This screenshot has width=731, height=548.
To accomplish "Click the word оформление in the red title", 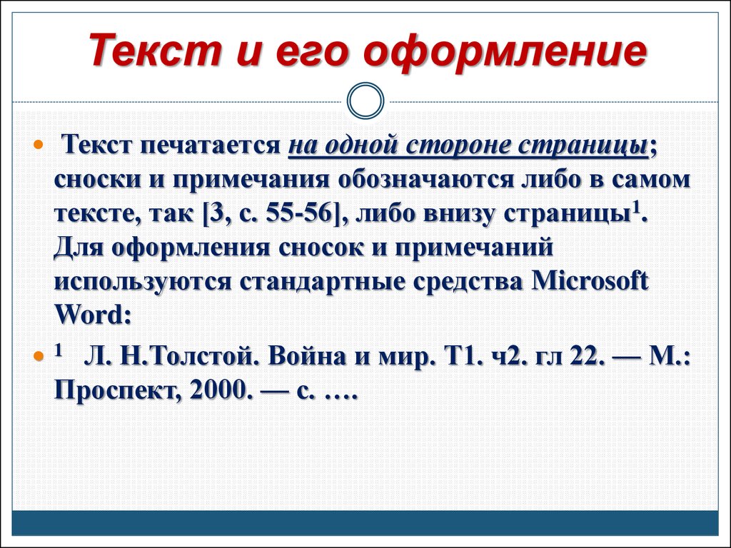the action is (505, 51).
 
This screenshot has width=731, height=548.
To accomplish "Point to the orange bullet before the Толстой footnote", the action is (39, 357).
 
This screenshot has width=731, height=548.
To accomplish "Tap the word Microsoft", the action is (590, 281).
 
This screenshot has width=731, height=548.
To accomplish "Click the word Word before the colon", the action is (88, 315).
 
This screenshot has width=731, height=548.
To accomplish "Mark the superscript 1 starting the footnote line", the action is (59, 350).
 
